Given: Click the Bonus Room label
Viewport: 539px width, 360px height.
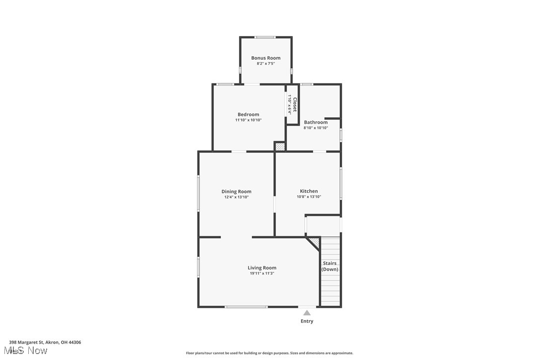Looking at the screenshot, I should pos(266,58).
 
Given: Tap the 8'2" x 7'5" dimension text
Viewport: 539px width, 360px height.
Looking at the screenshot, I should pos(266,64).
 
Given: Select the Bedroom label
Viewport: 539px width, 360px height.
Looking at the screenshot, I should pos(248,114).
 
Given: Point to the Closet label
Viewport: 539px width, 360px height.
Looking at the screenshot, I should pos(294,104).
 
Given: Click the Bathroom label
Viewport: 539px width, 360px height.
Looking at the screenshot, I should pos(316,122).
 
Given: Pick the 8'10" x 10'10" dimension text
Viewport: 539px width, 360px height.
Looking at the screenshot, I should pos(316,128).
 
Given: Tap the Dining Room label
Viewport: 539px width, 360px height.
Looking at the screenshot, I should pos(236,191).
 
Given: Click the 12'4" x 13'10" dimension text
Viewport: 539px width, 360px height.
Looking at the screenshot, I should pos(236,197).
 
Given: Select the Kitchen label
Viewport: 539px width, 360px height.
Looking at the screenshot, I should pos(309,191).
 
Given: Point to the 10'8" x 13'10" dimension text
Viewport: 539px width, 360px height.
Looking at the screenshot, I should pos(309,197).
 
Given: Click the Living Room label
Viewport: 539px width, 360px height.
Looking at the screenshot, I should pos(262,268).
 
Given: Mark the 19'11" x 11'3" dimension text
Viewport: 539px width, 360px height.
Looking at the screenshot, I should pos(262,273).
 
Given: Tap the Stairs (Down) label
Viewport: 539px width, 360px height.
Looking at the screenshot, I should pos(330,266).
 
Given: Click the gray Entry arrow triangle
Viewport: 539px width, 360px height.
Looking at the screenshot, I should pos(307,313).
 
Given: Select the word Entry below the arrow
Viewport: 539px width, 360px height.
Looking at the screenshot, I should pos(307,321).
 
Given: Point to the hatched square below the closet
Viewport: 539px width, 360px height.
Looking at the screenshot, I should pos(280,147).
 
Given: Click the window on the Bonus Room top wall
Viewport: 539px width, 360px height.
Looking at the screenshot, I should pos(266,37).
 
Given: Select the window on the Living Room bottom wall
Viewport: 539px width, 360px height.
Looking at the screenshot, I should pos(246,307).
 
